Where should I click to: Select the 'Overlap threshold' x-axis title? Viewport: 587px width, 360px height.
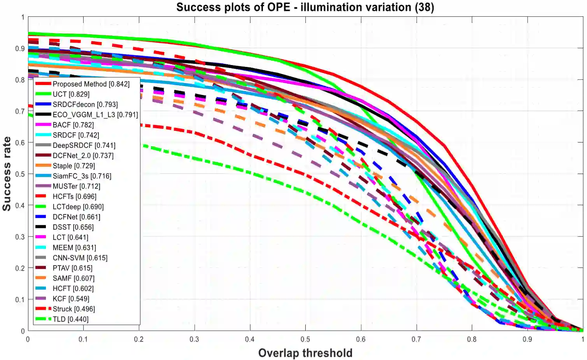tap(305, 353)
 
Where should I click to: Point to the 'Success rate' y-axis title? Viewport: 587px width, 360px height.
tap(7, 174)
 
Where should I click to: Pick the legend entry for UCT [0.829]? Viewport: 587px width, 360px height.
tap(71, 94)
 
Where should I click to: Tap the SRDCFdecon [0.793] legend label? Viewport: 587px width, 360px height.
tap(85, 104)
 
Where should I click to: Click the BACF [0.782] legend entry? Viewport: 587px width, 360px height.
tap(73, 125)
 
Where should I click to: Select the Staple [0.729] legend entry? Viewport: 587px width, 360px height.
tap(74, 166)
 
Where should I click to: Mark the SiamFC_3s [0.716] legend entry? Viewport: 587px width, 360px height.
tap(82, 176)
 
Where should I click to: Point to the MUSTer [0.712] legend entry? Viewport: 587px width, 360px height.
tap(76, 186)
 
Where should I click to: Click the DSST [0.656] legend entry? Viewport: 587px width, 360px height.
tap(73, 227)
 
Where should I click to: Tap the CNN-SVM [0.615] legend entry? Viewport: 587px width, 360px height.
tap(80, 258)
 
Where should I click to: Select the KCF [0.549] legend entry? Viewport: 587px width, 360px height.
tap(71, 299)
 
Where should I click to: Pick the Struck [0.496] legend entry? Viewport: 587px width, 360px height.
tap(74, 309)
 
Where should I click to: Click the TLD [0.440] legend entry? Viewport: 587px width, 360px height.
tap(70, 319)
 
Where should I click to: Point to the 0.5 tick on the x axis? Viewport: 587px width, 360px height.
tap(305, 339)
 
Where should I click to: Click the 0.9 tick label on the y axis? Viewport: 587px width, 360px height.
tap(20, 49)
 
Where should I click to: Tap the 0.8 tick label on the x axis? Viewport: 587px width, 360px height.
tap(471, 339)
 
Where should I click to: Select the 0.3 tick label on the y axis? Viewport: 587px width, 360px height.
tap(20, 237)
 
